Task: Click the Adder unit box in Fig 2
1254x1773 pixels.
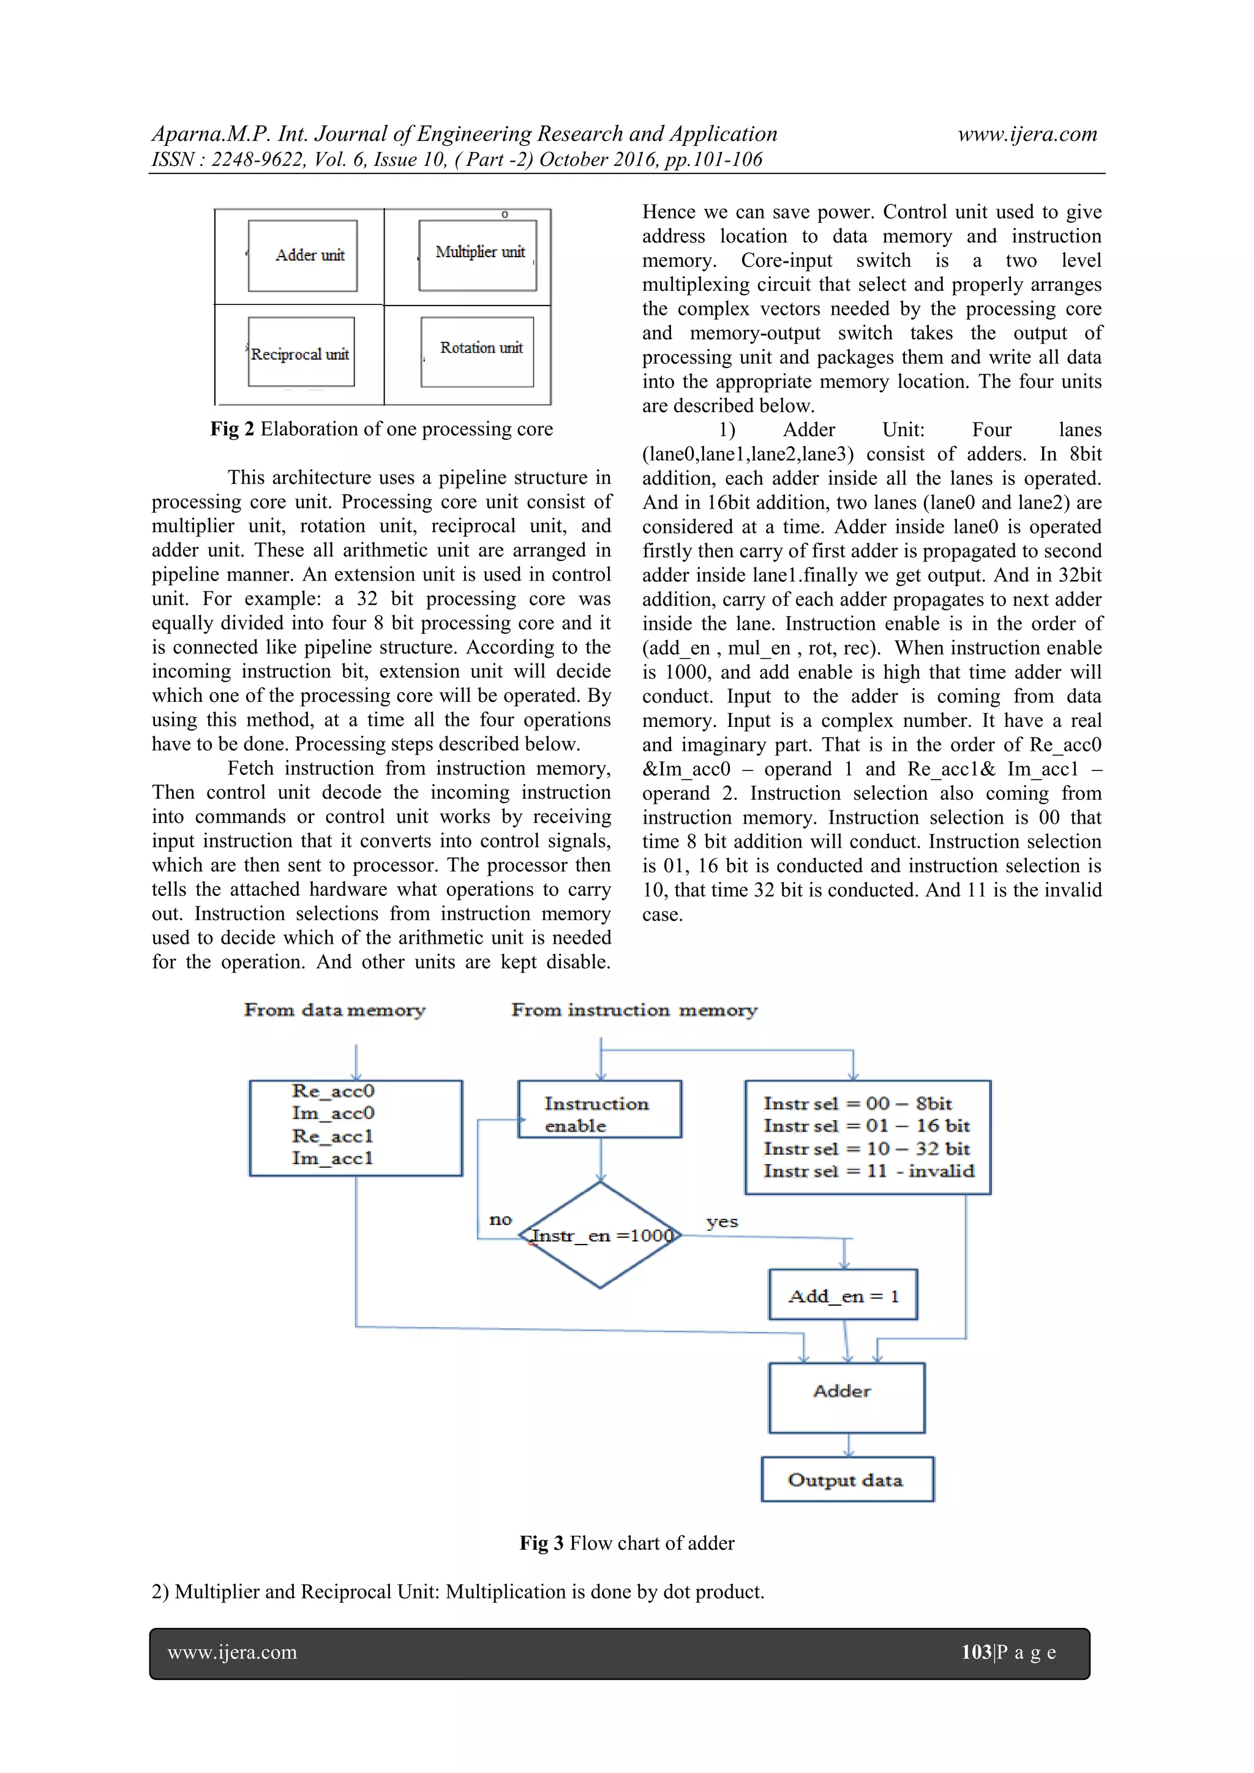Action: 302,255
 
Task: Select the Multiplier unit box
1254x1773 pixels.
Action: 478,255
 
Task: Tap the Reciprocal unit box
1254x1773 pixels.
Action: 301,352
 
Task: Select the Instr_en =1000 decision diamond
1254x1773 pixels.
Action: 601,1235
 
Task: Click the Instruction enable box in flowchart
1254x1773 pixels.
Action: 600,1110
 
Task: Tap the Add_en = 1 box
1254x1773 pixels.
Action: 843,1296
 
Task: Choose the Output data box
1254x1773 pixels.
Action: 847,1480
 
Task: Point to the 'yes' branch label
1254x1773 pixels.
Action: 722,1222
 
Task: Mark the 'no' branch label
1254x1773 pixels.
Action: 500,1219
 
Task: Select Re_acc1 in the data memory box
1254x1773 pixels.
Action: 333,1136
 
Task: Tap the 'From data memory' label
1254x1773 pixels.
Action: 334,1010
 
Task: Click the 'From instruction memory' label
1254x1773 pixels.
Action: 634,1010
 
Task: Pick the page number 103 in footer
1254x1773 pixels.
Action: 976,1652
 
